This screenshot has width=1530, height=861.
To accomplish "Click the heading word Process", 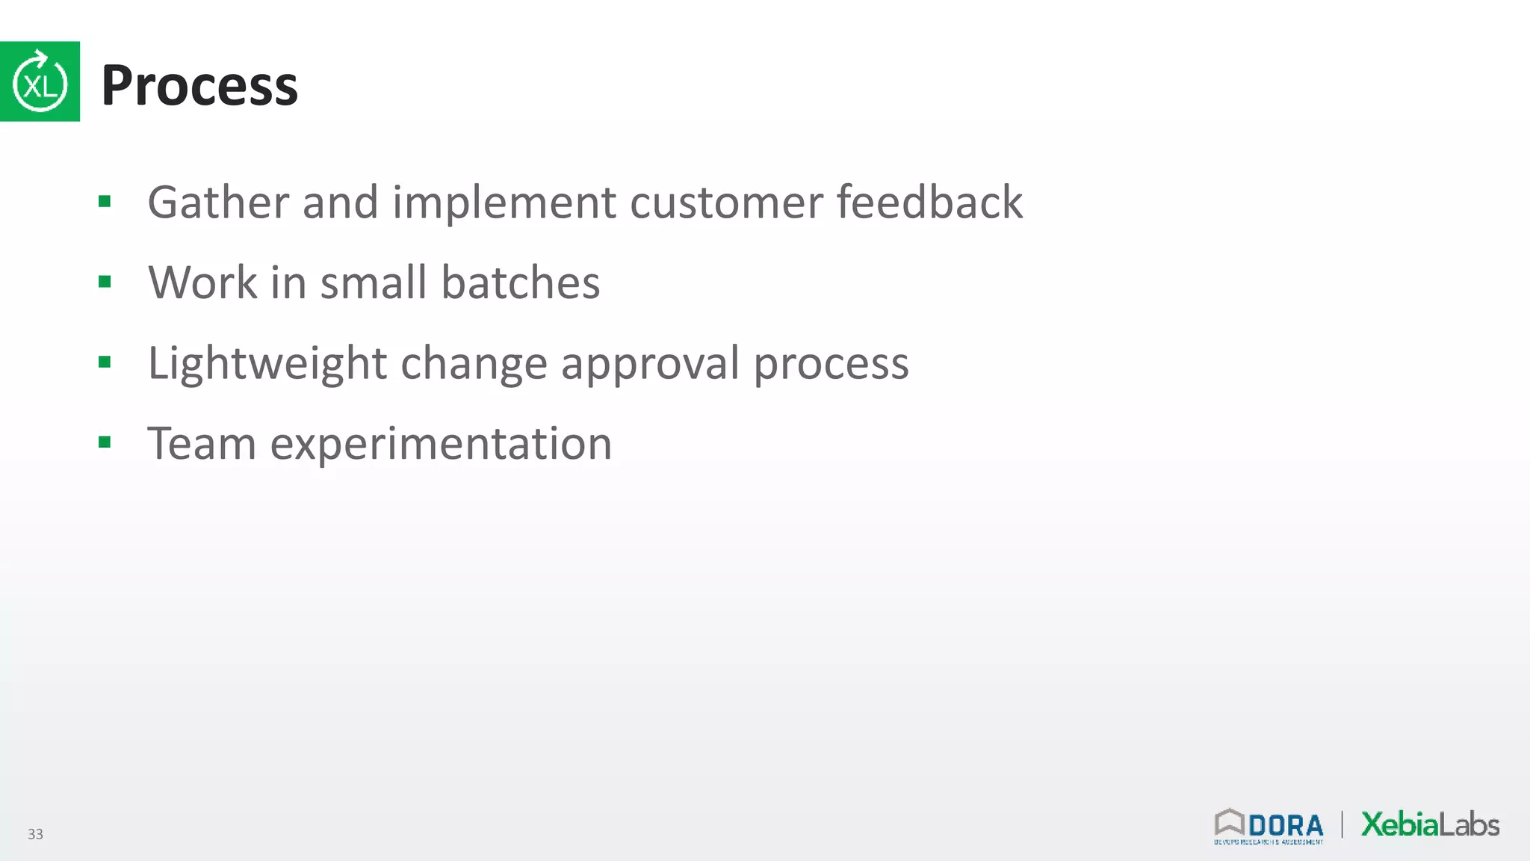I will point(199,85).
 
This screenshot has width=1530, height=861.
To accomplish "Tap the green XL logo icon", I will point(40,81).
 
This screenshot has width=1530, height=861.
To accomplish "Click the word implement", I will point(504,203).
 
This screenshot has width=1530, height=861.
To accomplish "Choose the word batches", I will point(520,283).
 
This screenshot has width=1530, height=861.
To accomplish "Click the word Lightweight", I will point(267,364).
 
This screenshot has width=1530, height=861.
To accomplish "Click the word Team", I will point(202,443).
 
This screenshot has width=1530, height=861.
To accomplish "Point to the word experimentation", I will point(441,445).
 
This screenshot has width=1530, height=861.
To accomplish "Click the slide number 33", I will point(35,834).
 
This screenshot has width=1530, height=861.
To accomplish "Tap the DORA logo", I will point(1269,827).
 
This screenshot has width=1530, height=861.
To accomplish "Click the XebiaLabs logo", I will point(1430,824).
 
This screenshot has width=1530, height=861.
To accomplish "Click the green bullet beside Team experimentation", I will point(105,442).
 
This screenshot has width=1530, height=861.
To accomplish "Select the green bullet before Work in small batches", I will point(105,282).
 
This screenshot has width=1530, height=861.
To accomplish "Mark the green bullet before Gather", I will point(105,201).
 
